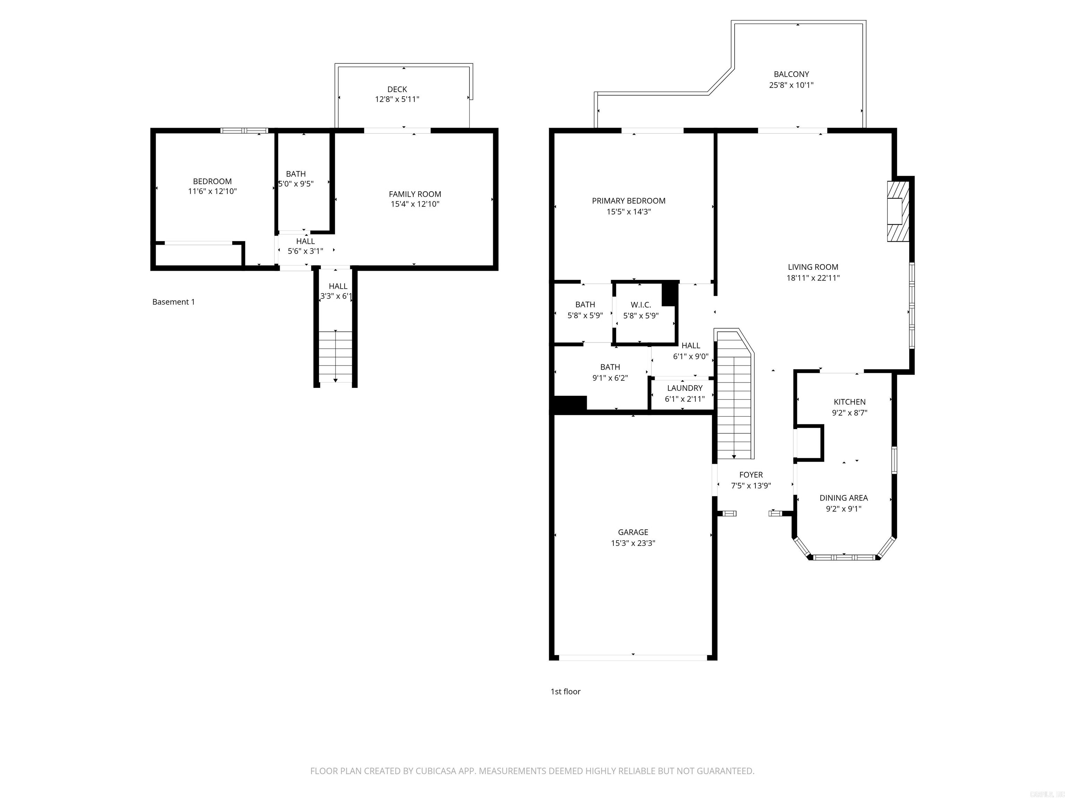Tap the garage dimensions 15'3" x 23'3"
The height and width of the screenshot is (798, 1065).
(x=633, y=543)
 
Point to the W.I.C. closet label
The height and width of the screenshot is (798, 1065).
(x=640, y=305)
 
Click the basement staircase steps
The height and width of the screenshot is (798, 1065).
(x=336, y=356)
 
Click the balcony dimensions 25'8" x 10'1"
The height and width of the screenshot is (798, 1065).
(x=791, y=85)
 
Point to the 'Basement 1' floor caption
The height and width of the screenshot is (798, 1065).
(x=173, y=302)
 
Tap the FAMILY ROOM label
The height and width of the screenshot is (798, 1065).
(x=415, y=194)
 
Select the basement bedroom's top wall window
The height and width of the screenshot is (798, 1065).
(x=244, y=130)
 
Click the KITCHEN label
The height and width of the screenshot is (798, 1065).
(x=849, y=402)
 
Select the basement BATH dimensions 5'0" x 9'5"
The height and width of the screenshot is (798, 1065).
(x=296, y=184)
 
